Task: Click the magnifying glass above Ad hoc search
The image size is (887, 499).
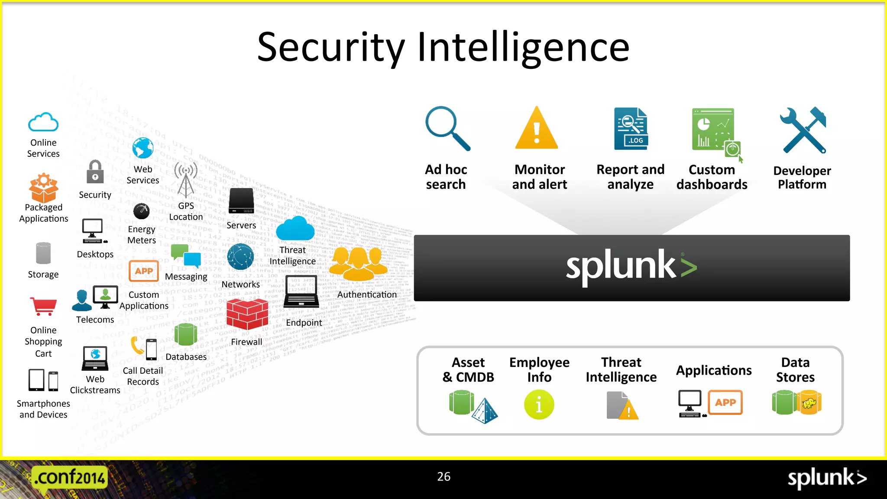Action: point(447,128)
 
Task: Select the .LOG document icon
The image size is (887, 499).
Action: point(631,129)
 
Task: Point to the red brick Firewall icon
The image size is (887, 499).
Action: point(247,314)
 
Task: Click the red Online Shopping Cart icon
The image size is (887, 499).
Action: point(43,307)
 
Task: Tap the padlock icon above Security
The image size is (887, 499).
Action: point(95,172)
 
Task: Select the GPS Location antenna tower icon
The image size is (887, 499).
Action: point(186,180)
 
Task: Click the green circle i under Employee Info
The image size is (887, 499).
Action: point(539,405)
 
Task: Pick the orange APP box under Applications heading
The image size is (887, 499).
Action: point(725,402)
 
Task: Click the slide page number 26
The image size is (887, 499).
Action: point(443,476)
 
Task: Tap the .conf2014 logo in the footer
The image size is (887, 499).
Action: point(69,478)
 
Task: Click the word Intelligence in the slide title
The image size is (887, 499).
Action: point(523,48)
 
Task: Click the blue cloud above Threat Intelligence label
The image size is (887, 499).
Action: point(295,229)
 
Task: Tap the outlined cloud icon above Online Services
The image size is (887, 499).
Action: point(43,122)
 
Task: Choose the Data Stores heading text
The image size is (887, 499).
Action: point(795,369)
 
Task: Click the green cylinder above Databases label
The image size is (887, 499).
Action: point(186,334)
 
